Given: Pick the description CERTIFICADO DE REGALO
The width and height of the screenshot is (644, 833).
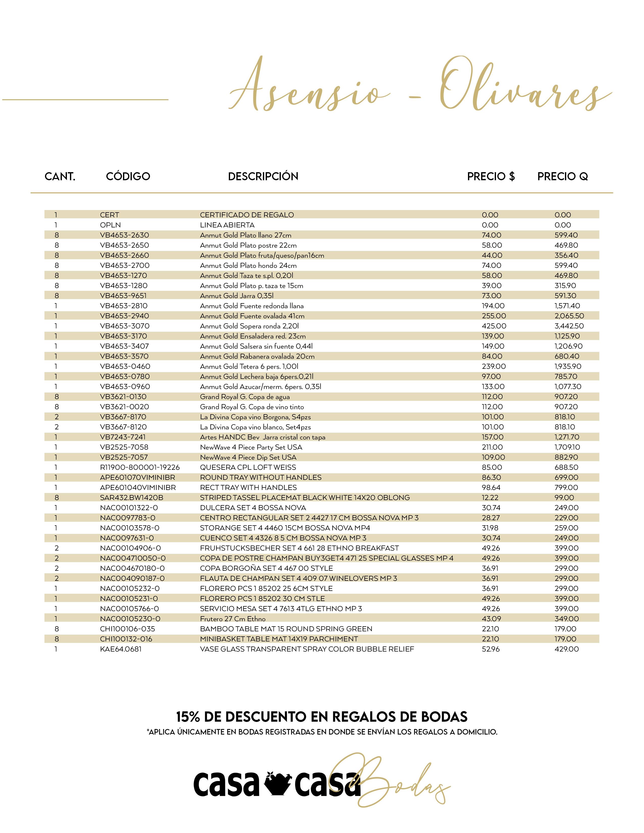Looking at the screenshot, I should pos(247,215).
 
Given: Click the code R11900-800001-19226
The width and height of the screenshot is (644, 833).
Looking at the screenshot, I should pos(140,467).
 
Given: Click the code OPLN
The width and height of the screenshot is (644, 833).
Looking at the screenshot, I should pos(110,225).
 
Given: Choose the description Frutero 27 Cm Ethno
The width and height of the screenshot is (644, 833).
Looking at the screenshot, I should pos(233,619).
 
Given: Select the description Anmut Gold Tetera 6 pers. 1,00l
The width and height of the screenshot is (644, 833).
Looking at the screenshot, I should pos(249,366).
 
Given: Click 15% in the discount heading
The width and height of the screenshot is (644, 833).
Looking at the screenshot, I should pos(188,717).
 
